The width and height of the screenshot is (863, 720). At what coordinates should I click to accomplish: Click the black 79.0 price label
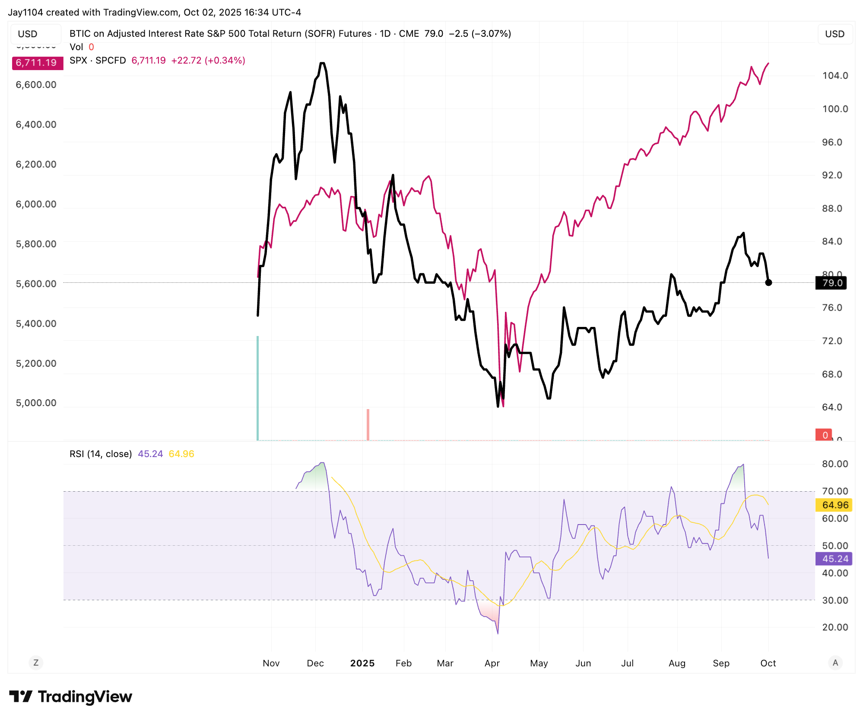coord(831,283)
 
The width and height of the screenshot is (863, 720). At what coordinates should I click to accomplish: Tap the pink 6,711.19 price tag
coord(37,63)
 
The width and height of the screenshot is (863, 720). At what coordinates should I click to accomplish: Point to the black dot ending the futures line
coord(768,282)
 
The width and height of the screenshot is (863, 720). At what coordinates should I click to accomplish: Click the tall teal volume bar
coord(258,388)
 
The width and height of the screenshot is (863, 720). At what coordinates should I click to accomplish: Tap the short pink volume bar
coord(368,424)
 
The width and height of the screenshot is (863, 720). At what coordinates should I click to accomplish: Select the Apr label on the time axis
coord(492,663)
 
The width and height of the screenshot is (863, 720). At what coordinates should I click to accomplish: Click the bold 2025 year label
coord(362,663)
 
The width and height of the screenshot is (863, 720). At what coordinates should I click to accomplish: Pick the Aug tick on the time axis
coord(677,663)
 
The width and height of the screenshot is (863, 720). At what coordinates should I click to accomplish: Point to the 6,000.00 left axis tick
coord(36,204)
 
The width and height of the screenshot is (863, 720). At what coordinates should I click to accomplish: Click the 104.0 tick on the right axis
coord(835,76)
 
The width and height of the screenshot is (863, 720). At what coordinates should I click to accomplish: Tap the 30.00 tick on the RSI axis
coord(835,600)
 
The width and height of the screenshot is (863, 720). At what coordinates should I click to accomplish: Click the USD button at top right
coord(834,34)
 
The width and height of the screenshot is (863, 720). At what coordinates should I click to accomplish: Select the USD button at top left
coord(28,34)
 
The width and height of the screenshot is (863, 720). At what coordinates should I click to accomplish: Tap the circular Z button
coord(36,662)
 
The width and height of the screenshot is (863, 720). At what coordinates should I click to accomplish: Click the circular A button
coord(835,662)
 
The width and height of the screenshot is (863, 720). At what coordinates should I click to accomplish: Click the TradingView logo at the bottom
coord(71,697)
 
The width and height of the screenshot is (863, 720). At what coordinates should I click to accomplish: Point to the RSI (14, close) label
coord(101,454)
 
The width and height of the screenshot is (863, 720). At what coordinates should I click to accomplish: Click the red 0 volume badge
coord(825,435)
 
